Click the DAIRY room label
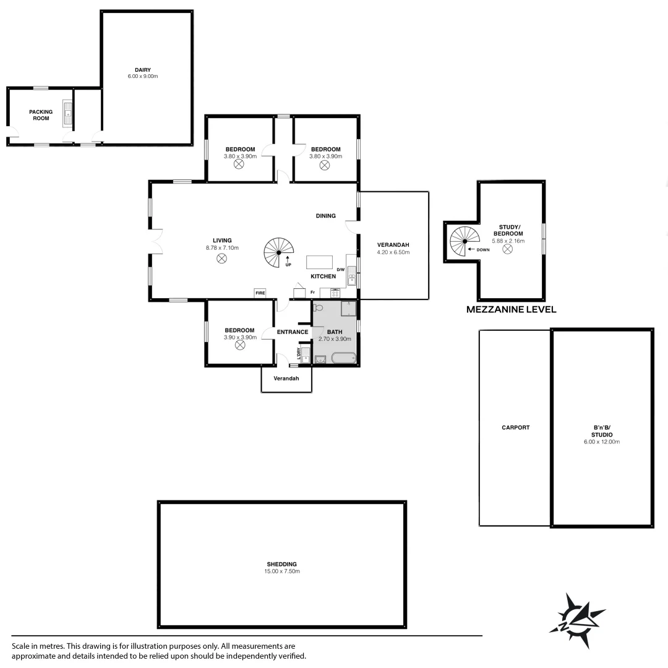[143, 70]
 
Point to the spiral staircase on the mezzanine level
[465, 242]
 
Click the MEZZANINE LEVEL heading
[511, 309]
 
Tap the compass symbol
[577, 620]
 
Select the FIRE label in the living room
[260, 292]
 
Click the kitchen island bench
[319, 261]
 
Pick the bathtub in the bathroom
[343, 358]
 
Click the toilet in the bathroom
[319, 307]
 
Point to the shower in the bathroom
[348, 308]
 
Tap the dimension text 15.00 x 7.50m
[282, 572]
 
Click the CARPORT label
[515, 427]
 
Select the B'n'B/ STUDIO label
[602, 431]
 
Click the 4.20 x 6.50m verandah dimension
[393, 252]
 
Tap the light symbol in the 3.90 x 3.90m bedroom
[240, 346]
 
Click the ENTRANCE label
[293, 332]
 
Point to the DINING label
[325, 216]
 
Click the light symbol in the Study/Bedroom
[507, 249]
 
